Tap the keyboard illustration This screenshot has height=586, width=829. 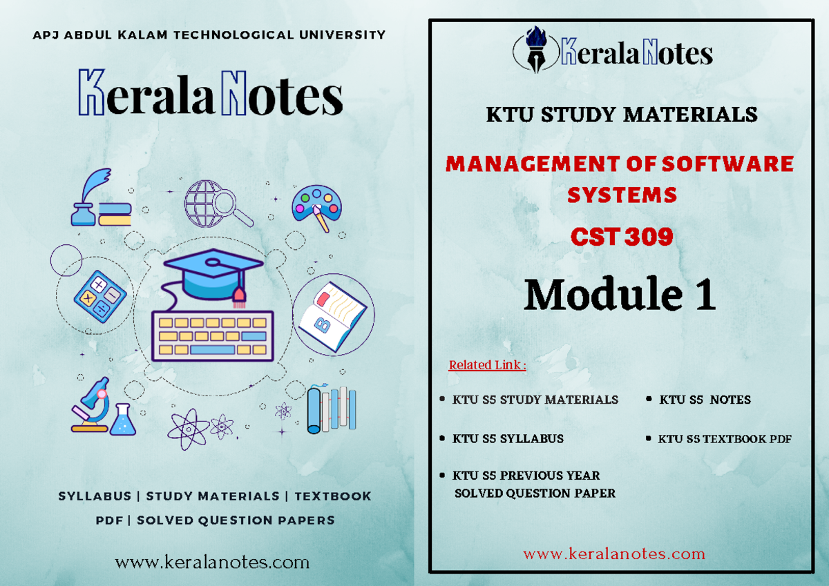(213, 335)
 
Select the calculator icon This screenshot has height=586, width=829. (100, 297)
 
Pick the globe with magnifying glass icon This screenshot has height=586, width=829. (218, 204)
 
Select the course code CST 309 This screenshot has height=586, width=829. (622, 237)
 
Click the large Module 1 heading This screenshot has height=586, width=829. (620, 294)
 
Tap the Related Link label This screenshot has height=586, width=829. (488, 365)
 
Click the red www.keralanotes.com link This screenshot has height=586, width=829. (614, 554)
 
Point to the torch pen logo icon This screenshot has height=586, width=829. (536, 49)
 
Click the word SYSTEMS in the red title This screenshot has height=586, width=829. (622, 195)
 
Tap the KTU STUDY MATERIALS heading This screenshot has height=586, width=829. (622, 115)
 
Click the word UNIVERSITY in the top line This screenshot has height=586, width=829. (343, 35)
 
